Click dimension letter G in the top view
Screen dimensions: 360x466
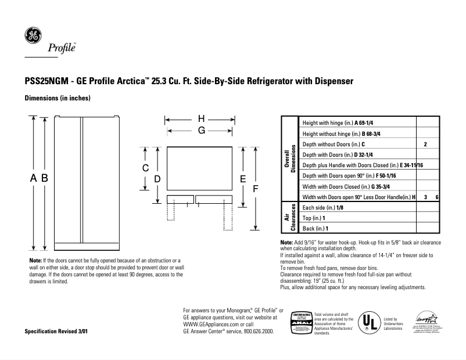coord(201,131)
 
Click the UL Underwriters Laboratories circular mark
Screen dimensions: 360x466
coord(368,321)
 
